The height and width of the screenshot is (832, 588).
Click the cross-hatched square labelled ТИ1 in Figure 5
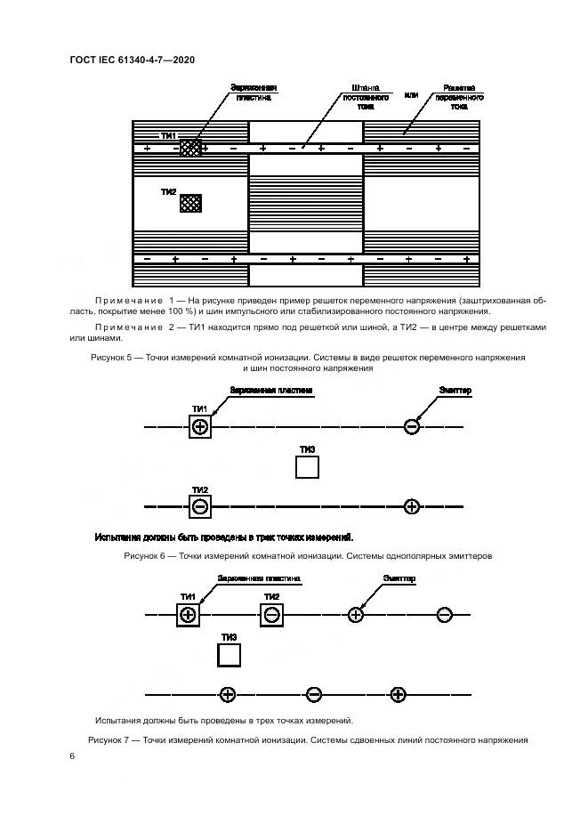pyautogui.click(x=190, y=147)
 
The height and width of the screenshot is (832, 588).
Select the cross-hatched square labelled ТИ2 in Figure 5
pyautogui.click(x=190, y=204)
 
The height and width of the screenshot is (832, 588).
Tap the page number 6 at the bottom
pyautogui.click(x=71, y=755)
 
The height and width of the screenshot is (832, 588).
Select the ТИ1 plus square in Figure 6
pyautogui.click(x=200, y=427)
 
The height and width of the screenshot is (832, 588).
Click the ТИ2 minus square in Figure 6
pyautogui.click(x=200, y=507)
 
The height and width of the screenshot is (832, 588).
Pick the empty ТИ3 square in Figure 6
pyautogui.click(x=307, y=467)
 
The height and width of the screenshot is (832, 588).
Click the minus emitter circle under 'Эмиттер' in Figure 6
pyautogui.click(x=411, y=427)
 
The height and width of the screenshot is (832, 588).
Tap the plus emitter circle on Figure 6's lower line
pyautogui.click(x=411, y=507)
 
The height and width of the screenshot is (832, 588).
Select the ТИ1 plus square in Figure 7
pyautogui.click(x=188, y=614)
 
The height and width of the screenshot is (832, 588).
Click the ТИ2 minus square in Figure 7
pyautogui.click(x=272, y=614)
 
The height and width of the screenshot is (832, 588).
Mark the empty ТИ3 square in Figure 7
pyautogui.click(x=230, y=656)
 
